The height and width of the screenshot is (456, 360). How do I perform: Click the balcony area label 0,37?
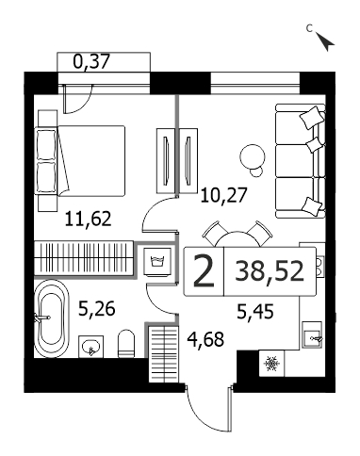point(91,62)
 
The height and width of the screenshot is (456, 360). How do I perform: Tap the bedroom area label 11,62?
point(89,219)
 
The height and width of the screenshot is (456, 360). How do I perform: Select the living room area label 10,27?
point(224,196)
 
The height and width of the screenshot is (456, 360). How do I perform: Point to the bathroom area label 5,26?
point(97,309)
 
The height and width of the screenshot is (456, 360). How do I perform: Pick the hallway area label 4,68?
point(205,339)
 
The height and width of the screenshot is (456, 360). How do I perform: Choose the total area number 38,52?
point(270,271)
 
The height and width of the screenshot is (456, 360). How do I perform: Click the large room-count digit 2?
point(204,271)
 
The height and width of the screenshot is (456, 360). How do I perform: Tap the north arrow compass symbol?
point(325,41)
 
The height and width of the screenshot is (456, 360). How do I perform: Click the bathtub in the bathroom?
point(51,318)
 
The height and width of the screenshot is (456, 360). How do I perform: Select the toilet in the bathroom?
point(126,344)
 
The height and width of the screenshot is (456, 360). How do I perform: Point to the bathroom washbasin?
point(90,347)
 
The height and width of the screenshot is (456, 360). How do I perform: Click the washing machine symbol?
point(157,262)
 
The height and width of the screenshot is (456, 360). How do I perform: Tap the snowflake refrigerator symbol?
point(271,364)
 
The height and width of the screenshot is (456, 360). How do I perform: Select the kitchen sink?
point(312,334)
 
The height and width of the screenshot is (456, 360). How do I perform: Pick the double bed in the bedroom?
point(82,161)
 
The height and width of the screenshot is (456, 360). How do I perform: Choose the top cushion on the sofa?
point(312,118)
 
